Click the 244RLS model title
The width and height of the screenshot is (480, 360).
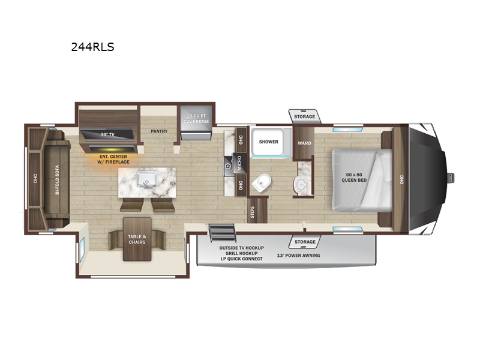(x=92, y=47)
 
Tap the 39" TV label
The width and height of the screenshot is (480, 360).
(x=107, y=134)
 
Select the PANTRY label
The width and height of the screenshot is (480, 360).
(x=159, y=131)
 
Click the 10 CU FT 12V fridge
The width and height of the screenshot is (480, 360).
(x=196, y=122)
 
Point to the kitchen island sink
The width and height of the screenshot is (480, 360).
(x=147, y=179)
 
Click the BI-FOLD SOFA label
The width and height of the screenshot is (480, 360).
(x=57, y=179)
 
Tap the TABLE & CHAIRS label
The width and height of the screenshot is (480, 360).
(x=137, y=239)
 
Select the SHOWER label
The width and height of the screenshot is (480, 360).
(x=268, y=142)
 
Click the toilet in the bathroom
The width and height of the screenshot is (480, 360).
(x=261, y=183)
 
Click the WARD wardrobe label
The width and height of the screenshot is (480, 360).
(x=304, y=143)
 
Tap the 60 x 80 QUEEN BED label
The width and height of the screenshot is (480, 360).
(x=354, y=177)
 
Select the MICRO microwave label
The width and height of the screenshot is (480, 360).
(x=239, y=163)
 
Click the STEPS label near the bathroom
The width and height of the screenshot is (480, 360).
(x=253, y=212)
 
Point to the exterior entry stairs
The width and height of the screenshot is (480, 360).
(x=222, y=233)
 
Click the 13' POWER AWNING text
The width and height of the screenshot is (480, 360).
(x=298, y=256)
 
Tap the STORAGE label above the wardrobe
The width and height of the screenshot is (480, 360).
(x=304, y=116)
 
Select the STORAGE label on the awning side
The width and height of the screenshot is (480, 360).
(x=305, y=242)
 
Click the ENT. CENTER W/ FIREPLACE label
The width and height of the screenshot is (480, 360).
(x=113, y=159)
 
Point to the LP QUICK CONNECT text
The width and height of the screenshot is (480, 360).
(x=242, y=259)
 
